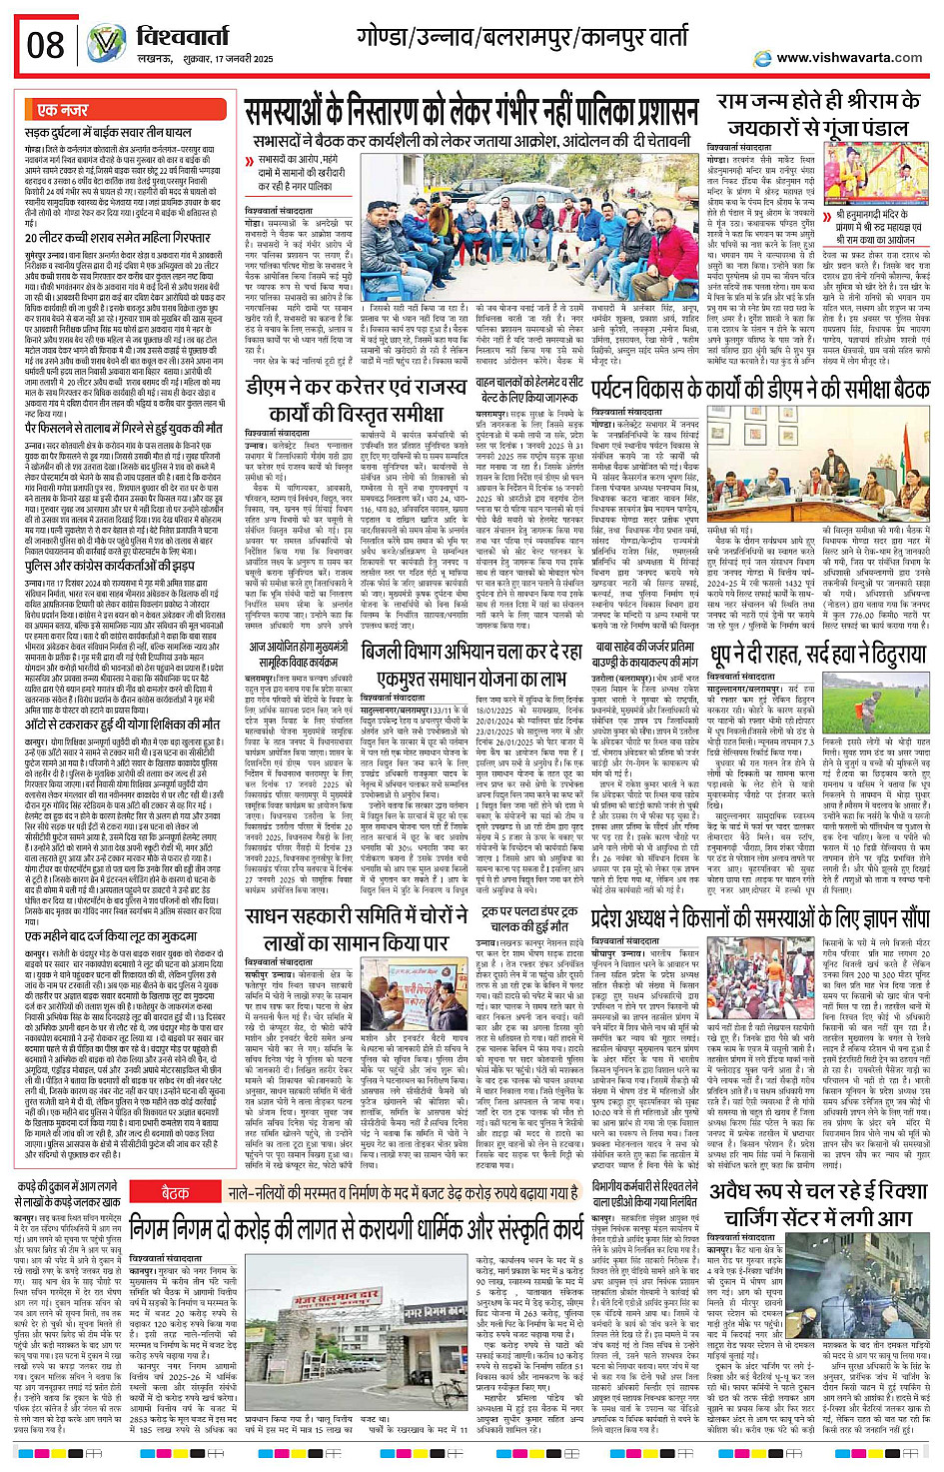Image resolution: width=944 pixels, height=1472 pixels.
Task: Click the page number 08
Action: [x=45, y=44]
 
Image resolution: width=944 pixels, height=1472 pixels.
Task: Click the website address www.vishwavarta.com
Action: [x=849, y=57]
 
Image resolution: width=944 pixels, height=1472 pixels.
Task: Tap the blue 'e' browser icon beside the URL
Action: [x=762, y=57]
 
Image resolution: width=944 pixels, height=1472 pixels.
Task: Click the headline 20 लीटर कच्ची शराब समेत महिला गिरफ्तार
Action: [x=118, y=238]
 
